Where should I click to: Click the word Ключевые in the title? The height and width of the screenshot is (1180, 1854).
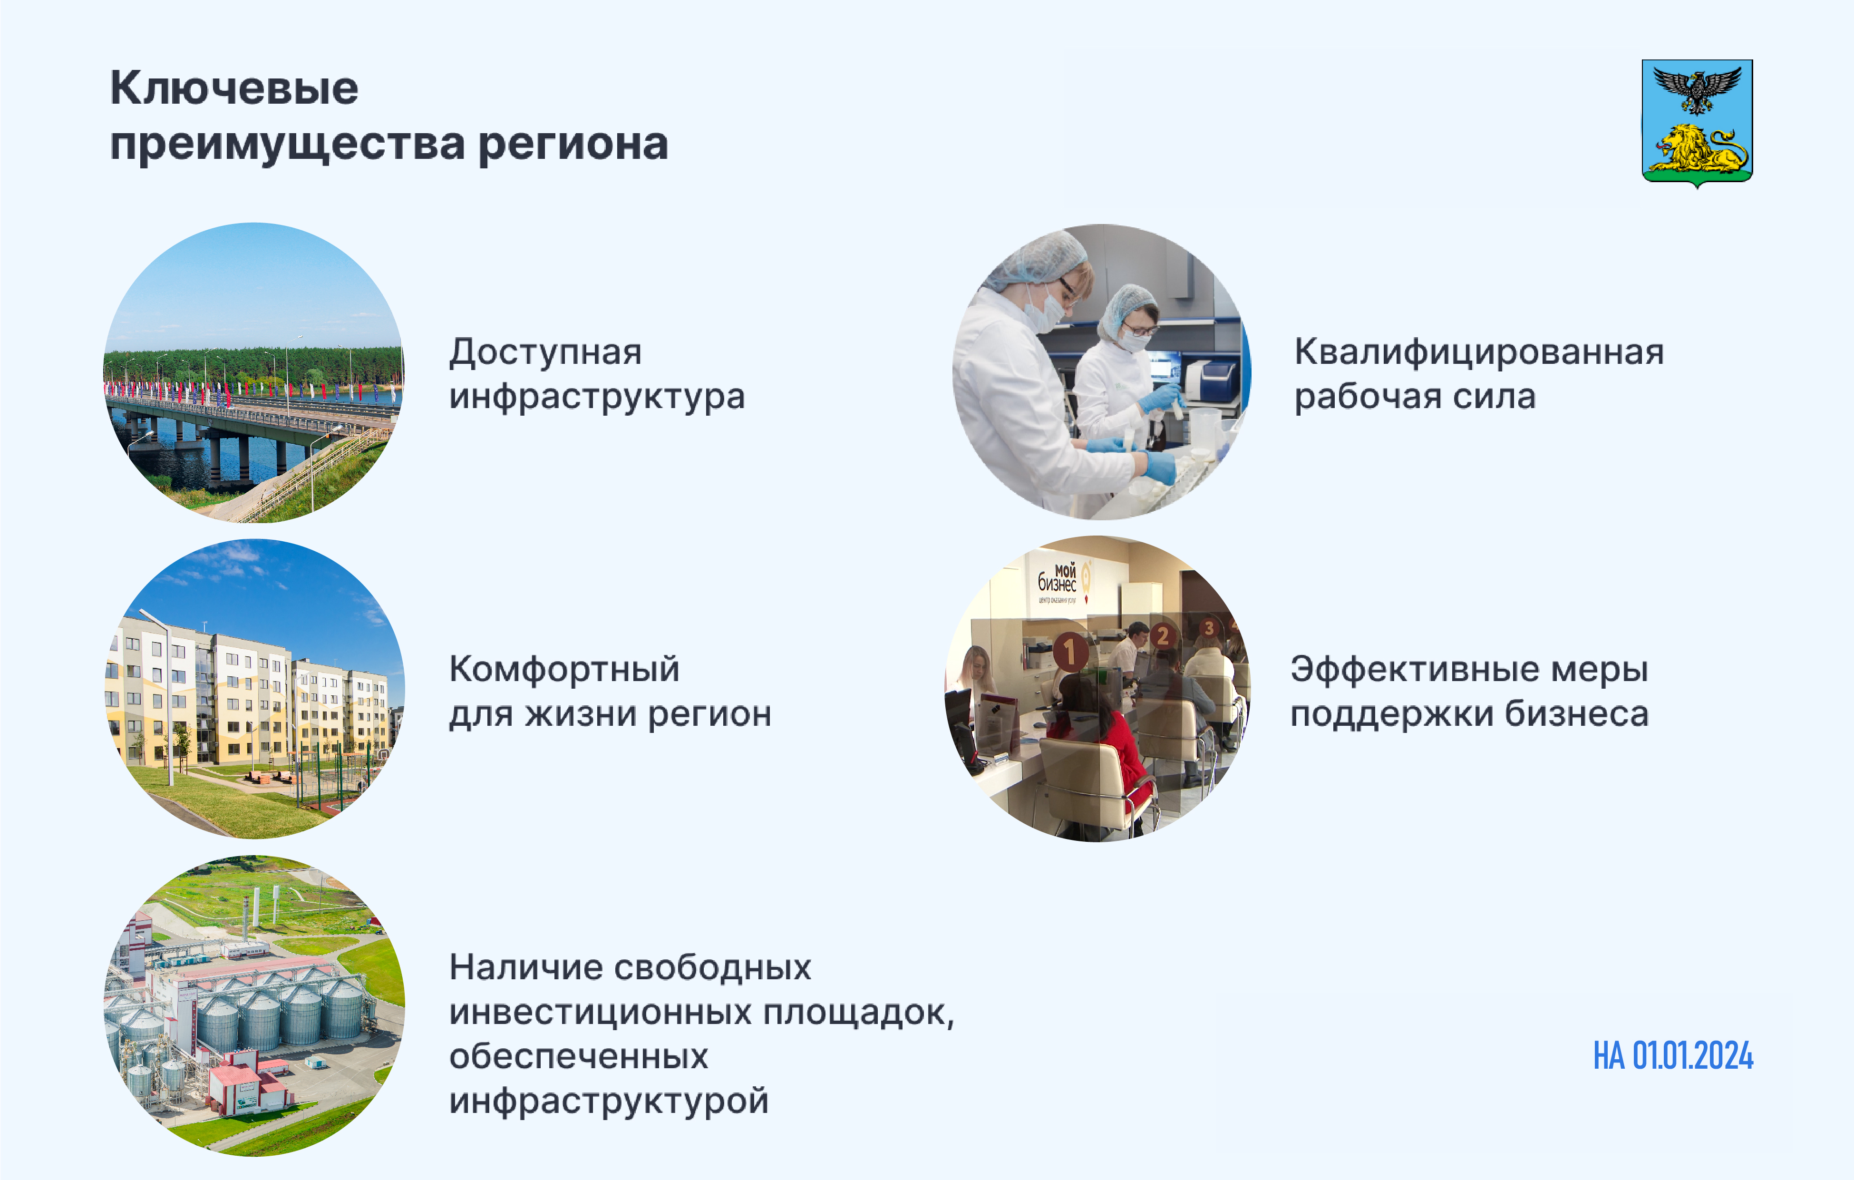click(234, 88)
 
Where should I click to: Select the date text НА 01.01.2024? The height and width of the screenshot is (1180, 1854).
click(1673, 1056)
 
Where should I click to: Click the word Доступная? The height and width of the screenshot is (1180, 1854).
click(545, 353)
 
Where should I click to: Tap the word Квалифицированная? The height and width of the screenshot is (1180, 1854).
click(1479, 353)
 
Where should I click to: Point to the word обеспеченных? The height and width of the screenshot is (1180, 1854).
click(578, 1057)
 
